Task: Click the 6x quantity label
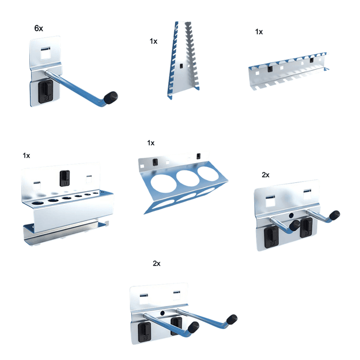[39, 28]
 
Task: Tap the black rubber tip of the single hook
[110, 97]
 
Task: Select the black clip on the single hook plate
[45, 92]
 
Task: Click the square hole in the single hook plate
[45, 54]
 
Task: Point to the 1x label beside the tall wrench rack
[154, 41]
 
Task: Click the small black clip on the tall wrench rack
[181, 66]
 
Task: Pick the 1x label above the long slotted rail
[259, 31]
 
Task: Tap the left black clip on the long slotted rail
[269, 69]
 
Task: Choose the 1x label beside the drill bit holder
[26, 156]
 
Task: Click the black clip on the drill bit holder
[65, 178]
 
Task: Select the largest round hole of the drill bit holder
[37, 202]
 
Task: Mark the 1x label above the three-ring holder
[151, 143]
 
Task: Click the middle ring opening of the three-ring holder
[187, 178]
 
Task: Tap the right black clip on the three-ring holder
[199, 156]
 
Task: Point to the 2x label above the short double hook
[265, 175]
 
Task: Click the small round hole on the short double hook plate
[291, 215]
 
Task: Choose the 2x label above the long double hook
[156, 263]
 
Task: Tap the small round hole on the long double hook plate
[163, 313]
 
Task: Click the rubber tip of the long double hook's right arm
[232, 319]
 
